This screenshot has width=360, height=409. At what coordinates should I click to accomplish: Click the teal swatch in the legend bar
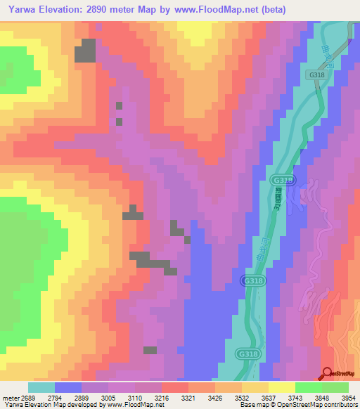tap(41, 387)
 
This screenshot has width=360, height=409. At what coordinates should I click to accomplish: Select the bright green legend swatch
tap(309, 387)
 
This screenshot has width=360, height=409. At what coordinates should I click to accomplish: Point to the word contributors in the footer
tap(340, 405)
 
